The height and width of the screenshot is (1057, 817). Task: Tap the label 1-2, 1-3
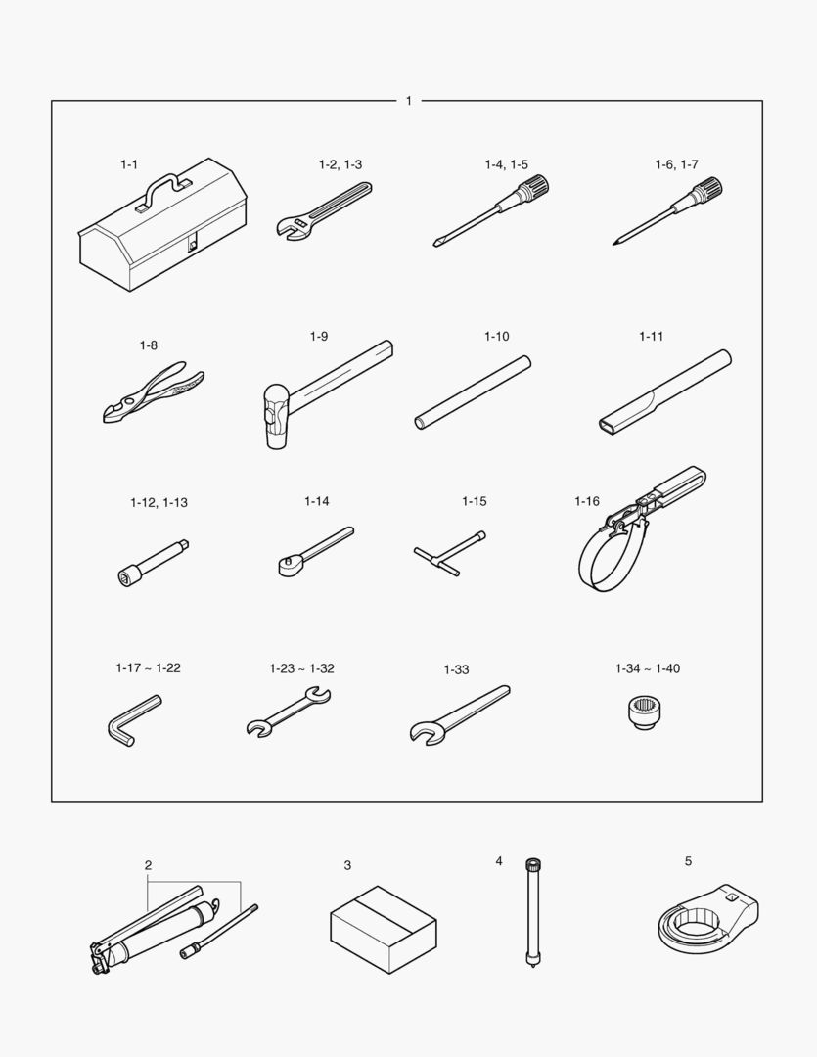(340, 164)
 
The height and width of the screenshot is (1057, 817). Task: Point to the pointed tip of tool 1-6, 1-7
(614, 243)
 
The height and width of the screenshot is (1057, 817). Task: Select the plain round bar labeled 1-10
(473, 392)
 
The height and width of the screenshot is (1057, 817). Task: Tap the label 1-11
(652, 337)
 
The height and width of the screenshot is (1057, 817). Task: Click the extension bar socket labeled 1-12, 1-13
(153, 561)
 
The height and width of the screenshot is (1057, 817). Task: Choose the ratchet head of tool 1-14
(290, 565)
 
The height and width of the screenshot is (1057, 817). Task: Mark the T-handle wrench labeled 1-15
(450, 553)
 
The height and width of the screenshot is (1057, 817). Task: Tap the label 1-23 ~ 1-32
(302, 668)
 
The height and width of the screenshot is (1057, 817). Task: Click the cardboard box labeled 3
(384, 930)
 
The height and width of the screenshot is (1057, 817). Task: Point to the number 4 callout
(499, 861)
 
